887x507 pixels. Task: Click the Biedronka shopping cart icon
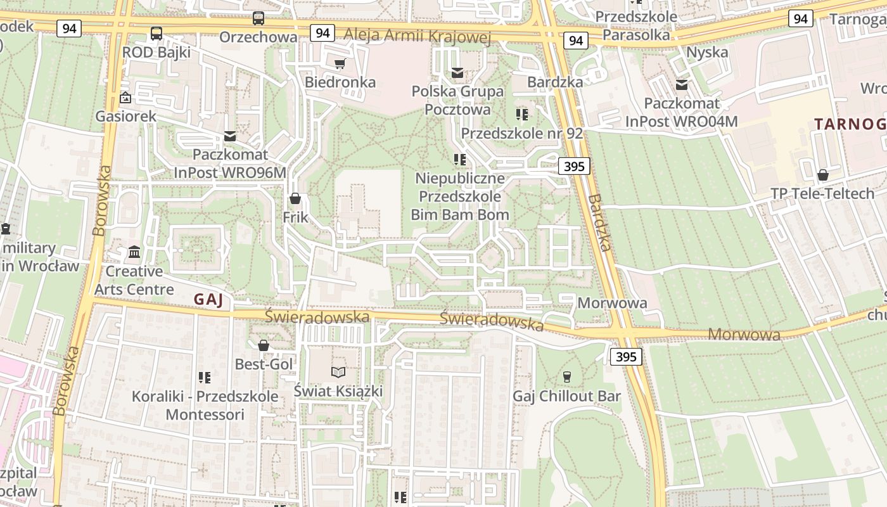[x=340, y=63]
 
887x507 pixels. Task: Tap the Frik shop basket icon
[x=295, y=198]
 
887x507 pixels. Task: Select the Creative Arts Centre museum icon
[x=134, y=252]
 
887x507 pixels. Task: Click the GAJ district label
[x=208, y=300]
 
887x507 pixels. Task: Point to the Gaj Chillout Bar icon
[x=566, y=377]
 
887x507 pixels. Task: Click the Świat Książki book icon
[x=338, y=372]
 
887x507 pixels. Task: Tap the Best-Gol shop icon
[x=264, y=345]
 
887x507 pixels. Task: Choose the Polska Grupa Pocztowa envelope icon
[x=457, y=73]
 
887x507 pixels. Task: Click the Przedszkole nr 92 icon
[x=521, y=114]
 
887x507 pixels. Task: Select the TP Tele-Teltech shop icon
[x=822, y=175]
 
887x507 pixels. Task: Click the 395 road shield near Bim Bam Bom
[x=574, y=167]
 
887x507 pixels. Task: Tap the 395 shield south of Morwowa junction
[x=626, y=357]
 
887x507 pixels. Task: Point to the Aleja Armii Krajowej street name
[x=418, y=36]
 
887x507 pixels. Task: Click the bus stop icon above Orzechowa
[x=258, y=18]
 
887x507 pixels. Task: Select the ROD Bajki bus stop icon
[x=156, y=34]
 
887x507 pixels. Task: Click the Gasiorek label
[x=125, y=117]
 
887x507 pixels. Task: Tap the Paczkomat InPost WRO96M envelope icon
[x=230, y=136]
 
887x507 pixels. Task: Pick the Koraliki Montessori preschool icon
[x=204, y=378]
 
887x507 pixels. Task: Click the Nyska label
[x=707, y=52]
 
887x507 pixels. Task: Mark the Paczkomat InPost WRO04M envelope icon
[x=682, y=84]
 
